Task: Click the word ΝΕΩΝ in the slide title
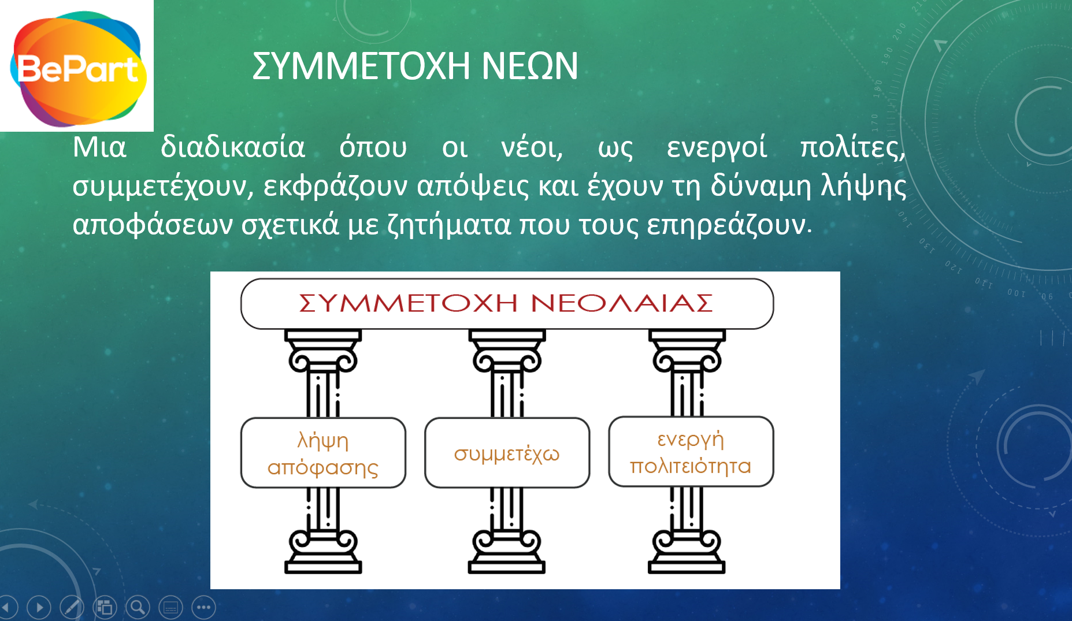pos(529,66)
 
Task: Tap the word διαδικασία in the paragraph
pos(233,147)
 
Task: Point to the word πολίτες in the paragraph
pos(852,147)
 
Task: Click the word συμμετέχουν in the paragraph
pos(163,187)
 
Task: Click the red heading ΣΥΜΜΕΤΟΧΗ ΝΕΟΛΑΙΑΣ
pos(506,303)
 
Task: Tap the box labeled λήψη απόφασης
pos(323,453)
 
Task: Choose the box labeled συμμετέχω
pos(507,453)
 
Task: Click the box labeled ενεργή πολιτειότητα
pos(691,452)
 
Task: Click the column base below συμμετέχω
pos(507,552)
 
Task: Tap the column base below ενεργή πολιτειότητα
pos(687,552)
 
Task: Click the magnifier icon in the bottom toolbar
pos(138,607)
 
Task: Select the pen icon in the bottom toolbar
pos(72,607)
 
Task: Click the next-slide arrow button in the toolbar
pos(39,607)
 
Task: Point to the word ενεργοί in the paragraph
pos(717,147)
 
